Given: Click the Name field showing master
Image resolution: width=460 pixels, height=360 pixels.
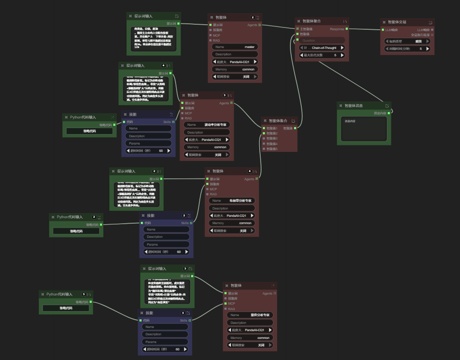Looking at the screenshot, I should point(235,47).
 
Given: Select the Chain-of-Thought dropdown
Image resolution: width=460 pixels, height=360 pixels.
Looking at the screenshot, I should point(321,48).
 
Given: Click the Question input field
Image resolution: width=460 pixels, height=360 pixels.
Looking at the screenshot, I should point(321,40).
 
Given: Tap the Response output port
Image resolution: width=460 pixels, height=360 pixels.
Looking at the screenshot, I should point(347,29).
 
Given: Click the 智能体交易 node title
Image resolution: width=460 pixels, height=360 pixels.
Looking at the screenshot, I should point(397,22).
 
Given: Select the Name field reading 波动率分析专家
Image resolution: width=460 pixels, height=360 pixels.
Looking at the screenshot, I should point(207,124).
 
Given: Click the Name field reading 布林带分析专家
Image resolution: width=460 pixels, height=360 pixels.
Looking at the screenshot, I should point(232,200).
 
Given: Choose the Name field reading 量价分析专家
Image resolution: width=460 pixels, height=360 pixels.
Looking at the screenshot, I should point(250,315).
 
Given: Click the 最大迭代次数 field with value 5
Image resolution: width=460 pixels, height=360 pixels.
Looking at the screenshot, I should point(321,55).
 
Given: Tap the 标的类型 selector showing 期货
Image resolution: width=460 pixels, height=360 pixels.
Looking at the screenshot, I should point(407,41).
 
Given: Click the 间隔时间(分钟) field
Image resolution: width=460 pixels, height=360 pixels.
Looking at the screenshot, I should point(407,48).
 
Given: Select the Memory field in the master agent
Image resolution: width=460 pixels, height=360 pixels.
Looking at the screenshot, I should point(235,69).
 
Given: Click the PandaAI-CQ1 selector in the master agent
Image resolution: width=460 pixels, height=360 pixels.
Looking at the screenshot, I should point(235,62).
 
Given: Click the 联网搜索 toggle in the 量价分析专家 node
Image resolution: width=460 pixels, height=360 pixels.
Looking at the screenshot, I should point(250,345).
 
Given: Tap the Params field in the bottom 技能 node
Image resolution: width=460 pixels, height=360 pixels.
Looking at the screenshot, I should point(165,342).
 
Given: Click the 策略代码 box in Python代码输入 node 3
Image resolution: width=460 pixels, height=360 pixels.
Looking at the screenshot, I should point(66,308).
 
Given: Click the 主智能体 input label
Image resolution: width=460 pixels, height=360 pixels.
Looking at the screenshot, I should point(306,29).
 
